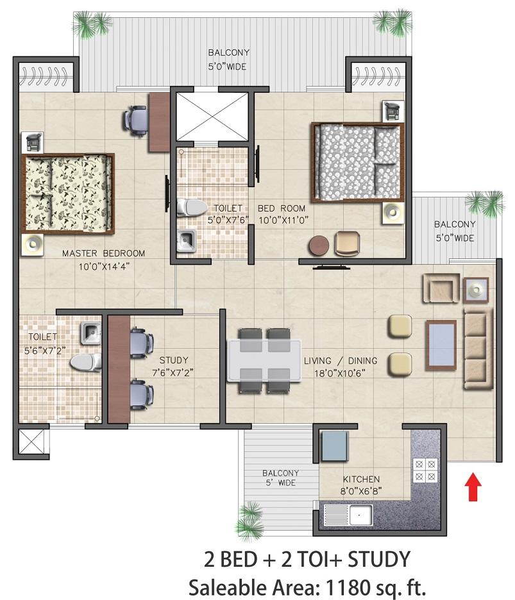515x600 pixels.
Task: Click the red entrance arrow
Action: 473,487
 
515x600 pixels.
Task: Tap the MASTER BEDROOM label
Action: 103,253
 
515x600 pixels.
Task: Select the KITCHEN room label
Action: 361,479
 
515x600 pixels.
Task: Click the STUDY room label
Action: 174,360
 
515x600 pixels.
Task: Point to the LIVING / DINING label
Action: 341,360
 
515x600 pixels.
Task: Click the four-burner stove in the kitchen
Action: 425,471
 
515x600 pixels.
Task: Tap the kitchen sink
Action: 348,515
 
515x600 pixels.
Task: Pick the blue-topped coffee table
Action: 441,345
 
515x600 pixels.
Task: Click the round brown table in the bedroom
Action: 319,245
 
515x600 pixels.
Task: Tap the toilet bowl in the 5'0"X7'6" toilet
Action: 191,207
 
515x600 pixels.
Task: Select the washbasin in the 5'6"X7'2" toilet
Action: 90,333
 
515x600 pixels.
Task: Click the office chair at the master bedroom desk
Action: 135,120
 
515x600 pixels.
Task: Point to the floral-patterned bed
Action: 68,194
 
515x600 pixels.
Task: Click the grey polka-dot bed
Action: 358,162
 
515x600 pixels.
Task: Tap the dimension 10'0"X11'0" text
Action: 283,221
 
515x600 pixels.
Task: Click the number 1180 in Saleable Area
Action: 348,587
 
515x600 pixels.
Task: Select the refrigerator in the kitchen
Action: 334,446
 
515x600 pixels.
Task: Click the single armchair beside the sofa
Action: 441,288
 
